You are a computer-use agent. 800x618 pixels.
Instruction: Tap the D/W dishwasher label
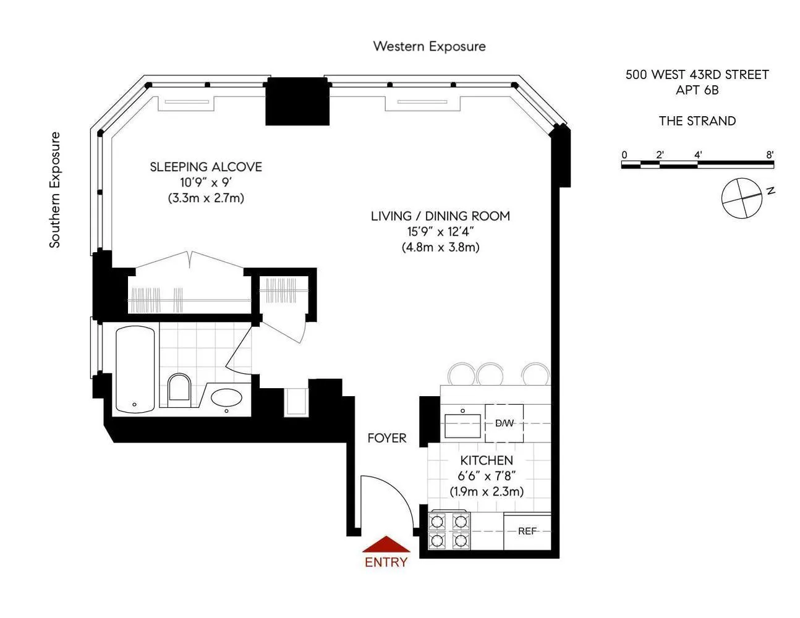click(x=504, y=423)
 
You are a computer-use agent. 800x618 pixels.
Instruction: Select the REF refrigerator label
click(x=527, y=531)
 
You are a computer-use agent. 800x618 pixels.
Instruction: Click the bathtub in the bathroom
click(x=135, y=370)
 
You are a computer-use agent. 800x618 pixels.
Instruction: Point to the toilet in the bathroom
click(x=180, y=388)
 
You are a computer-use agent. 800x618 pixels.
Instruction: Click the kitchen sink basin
click(x=463, y=425)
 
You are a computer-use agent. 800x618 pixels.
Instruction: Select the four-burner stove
click(x=449, y=531)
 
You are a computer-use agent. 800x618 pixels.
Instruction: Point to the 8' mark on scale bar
click(x=770, y=155)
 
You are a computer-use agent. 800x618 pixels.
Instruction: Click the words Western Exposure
click(x=429, y=46)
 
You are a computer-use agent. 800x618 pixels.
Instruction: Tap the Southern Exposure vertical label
click(x=55, y=190)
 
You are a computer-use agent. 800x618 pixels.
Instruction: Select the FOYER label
click(x=387, y=438)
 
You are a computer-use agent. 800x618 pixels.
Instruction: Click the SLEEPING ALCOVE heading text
click(x=206, y=167)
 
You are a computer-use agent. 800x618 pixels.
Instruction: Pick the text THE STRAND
click(x=697, y=121)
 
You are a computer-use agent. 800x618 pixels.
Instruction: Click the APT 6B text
click(x=697, y=90)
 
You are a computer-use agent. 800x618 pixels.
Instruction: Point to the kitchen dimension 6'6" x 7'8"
click(x=487, y=476)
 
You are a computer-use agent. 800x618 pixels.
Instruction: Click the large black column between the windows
click(x=297, y=101)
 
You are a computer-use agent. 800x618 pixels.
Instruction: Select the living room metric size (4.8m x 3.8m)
click(x=440, y=247)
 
